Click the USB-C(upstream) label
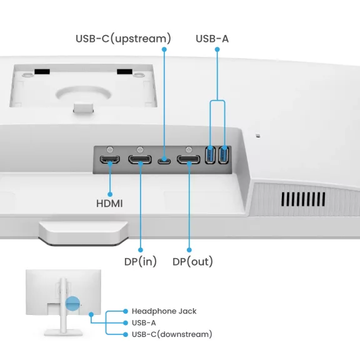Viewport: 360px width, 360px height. click(x=123, y=39)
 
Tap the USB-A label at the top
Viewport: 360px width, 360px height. click(x=212, y=39)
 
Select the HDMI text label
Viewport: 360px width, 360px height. click(x=109, y=204)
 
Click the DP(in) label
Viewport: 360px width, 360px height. click(x=141, y=261)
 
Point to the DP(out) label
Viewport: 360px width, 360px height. click(x=192, y=261)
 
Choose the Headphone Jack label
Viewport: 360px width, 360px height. click(x=164, y=311)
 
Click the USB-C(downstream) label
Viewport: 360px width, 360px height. click(x=172, y=334)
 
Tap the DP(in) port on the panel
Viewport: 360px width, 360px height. click(x=140, y=161)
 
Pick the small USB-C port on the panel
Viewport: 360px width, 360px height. click(x=164, y=161)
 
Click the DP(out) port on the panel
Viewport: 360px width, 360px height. click(x=188, y=161)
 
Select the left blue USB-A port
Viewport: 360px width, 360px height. click(x=210, y=156)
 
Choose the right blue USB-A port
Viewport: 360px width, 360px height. click(x=223, y=156)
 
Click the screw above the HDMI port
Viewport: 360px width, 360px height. click(x=111, y=150)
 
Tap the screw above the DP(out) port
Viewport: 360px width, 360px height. click(x=188, y=150)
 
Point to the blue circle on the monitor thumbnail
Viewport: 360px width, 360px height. click(x=72, y=304)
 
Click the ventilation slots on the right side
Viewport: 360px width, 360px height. click(x=303, y=199)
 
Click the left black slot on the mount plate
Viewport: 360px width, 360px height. click(x=42, y=72)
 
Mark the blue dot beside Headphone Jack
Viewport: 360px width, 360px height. click(x=126, y=311)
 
